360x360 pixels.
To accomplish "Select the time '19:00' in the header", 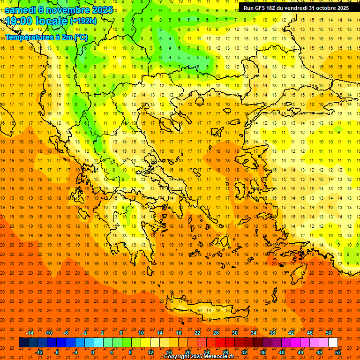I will pyautogui.click(x=19, y=21).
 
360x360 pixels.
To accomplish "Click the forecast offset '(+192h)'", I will pyautogui.click(x=83, y=21).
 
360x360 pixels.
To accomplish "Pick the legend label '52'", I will pyautogui.click(x=338, y=352).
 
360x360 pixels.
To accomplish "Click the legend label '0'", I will pyautogui.click(x=93, y=352).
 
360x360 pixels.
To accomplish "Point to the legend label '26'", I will pyautogui.click(x=216, y=333).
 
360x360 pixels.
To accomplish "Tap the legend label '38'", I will pyautogui.click(x=272, y=333).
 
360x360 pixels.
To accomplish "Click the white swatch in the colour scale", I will pyautogui.click(x=333, y=343).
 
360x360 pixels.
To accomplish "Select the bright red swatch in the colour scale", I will pyautogui.click(x=221, y=343).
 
